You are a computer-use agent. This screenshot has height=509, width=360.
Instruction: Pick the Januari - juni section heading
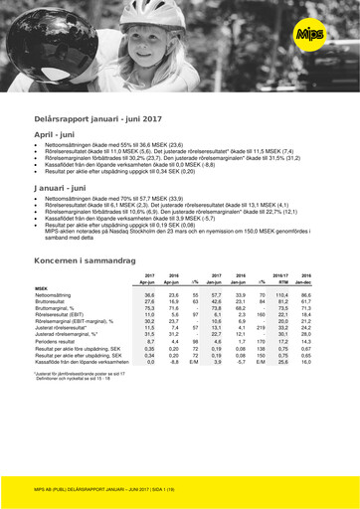pos(65,186)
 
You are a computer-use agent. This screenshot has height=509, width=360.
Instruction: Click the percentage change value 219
pos(262,325)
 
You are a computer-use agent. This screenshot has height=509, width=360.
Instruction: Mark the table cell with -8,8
pos(173,362)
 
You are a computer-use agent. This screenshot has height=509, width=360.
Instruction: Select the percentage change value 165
pos(262,315)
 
